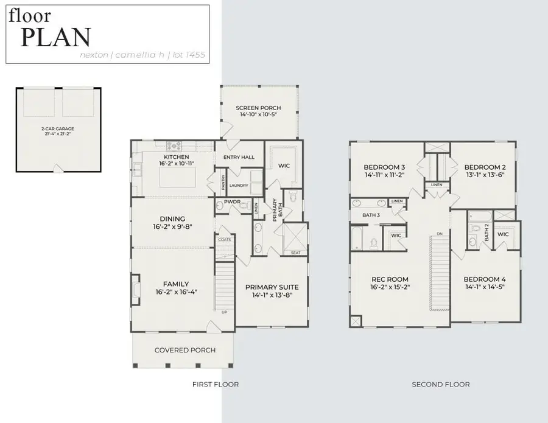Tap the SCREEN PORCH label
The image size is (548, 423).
258,108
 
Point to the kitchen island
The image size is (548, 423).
178,178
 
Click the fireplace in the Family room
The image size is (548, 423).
135,288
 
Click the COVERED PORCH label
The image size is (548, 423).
183,350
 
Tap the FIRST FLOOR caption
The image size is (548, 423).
216,384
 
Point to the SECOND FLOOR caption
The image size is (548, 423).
441,384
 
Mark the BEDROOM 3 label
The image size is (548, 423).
384,167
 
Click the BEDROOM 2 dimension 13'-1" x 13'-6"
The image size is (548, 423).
484,175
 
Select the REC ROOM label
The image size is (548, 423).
390,281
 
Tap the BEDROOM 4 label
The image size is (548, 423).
485,279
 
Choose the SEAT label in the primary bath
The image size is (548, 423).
295,253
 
